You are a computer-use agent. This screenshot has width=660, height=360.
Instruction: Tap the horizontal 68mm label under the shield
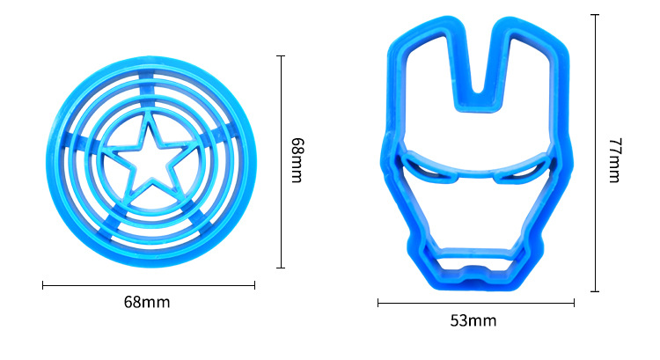coord(147,302)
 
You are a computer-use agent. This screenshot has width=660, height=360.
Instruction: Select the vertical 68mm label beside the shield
coord(297,160)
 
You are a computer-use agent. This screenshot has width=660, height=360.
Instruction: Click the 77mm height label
coord(615,160)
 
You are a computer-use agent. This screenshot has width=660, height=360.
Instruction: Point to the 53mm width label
coord(473,321)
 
